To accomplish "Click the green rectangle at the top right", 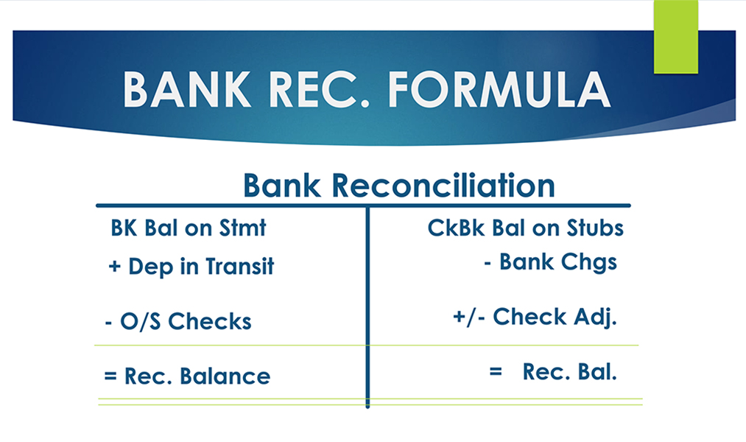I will [675, 37].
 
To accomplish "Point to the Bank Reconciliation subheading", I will [398, 186].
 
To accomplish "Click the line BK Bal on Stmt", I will [188, 228].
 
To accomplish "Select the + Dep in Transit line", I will [191, 266].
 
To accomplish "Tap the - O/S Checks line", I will [177, 321].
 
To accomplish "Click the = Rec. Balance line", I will [187, 376].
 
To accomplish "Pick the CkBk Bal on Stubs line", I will [525, 228].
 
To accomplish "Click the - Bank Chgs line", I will [550, 262].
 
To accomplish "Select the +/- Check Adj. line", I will [534, 317].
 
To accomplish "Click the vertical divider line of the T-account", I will [367, 309].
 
